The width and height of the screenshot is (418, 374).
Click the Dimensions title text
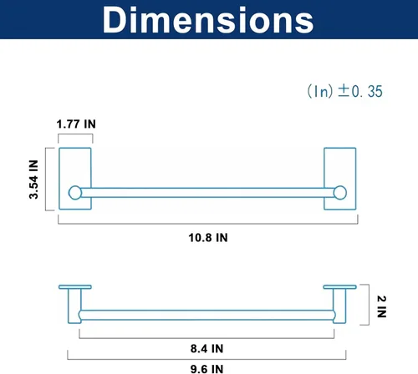[x=208, y=19]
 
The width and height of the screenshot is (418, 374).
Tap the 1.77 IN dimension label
[x=76, y=124]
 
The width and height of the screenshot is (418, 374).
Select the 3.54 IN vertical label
[x=33, y=179]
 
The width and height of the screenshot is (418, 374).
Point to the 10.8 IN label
[x=208, y=238]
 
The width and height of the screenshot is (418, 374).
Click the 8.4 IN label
[x=206, y=348]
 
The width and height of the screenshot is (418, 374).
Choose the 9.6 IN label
[x=206, y=369]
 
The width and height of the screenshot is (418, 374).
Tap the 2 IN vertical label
[x=381, y=306]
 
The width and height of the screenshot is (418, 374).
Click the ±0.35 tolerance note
[x=345, y=91]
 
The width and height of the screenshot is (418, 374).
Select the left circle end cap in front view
[x=75, y=193]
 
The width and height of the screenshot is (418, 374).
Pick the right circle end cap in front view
[x=340, y=193]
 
